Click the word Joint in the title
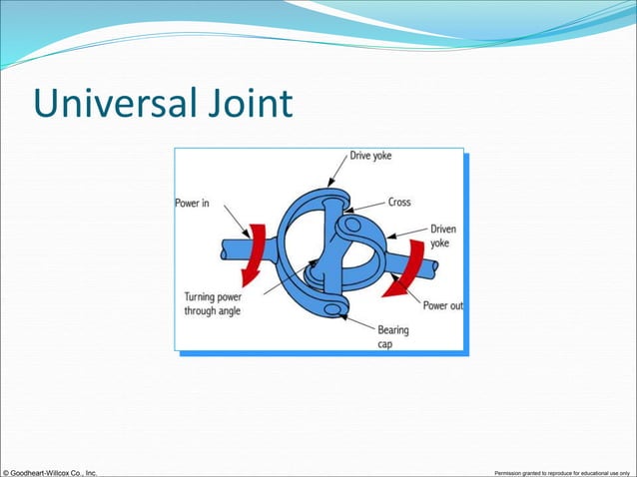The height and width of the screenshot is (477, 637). [250, 103]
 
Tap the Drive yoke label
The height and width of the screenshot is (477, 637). [370, 157]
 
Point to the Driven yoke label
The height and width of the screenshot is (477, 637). [443, 236]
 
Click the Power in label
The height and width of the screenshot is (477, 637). [193, 204]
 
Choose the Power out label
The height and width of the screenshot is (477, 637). [441, 305]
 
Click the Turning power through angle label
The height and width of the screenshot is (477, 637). [213, 302]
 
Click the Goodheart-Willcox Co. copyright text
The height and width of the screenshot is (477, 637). [50, 471]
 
